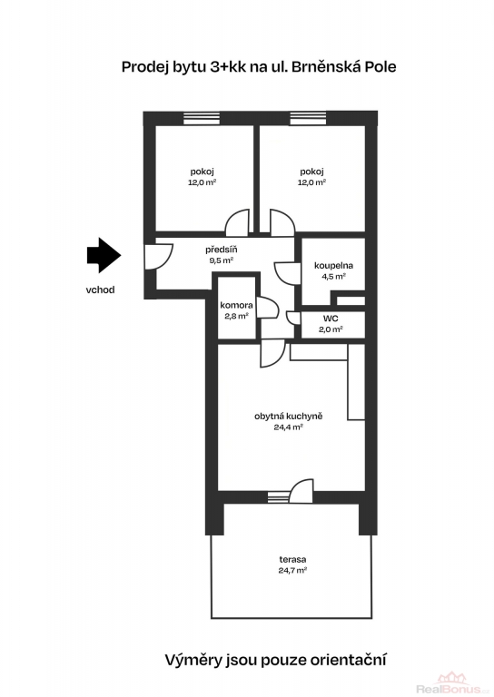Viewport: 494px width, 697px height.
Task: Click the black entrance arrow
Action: click(104, 255)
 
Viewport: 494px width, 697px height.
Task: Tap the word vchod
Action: click(100, 290)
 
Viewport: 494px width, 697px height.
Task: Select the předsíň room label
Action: click(222, 250)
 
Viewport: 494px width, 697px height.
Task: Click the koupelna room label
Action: click(333, 266)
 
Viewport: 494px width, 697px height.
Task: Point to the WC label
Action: click(331, 319)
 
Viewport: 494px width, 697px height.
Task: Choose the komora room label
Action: click(236, 305)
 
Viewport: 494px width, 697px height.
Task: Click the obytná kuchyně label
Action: click(289, 417)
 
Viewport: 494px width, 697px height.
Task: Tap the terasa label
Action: click(292, 560)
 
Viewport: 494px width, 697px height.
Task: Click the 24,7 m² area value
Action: click(293, 570)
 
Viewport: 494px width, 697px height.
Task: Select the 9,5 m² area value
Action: click(222, 260)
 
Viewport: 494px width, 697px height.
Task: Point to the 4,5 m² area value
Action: click(334, 277)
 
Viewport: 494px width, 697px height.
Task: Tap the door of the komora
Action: click(269, 308)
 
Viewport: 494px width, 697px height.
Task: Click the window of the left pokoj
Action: click(202, 118)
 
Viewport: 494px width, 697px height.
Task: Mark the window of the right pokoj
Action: click(308, 118)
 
